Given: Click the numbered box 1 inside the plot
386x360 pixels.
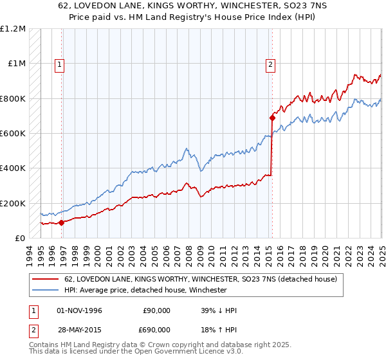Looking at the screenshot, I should tap(59, 64).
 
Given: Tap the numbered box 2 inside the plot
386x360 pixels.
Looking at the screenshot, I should tap(270, 64).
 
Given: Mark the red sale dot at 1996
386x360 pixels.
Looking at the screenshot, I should tap(62, 222).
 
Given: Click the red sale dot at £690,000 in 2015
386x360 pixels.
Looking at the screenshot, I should tap(272, 118).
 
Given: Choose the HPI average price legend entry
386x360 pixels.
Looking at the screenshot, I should tap(145, 290).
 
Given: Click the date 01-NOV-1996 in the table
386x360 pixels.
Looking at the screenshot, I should tap(80, 310).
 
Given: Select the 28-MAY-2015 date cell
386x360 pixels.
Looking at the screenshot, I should tap(80, 328).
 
